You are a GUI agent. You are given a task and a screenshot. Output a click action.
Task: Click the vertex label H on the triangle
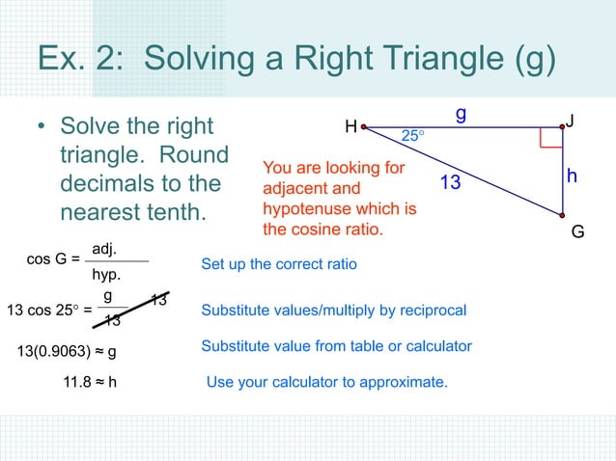[350, 126]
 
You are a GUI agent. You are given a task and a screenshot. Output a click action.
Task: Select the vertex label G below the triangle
[577, 231]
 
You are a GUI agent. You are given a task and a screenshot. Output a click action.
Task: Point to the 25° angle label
[412, 137]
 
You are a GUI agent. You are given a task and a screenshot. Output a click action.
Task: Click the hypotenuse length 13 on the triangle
[451, 181]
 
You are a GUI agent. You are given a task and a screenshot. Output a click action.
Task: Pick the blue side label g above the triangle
[462, 113]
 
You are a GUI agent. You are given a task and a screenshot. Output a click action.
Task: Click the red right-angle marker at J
[551, 137]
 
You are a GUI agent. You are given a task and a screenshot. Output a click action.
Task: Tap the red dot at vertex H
[364, 126]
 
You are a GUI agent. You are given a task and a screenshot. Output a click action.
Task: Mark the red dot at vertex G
[562, 214]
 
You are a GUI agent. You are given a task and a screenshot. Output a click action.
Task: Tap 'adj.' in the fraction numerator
[104, 249]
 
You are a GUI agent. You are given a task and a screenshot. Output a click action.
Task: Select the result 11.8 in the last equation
[77, 382]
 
